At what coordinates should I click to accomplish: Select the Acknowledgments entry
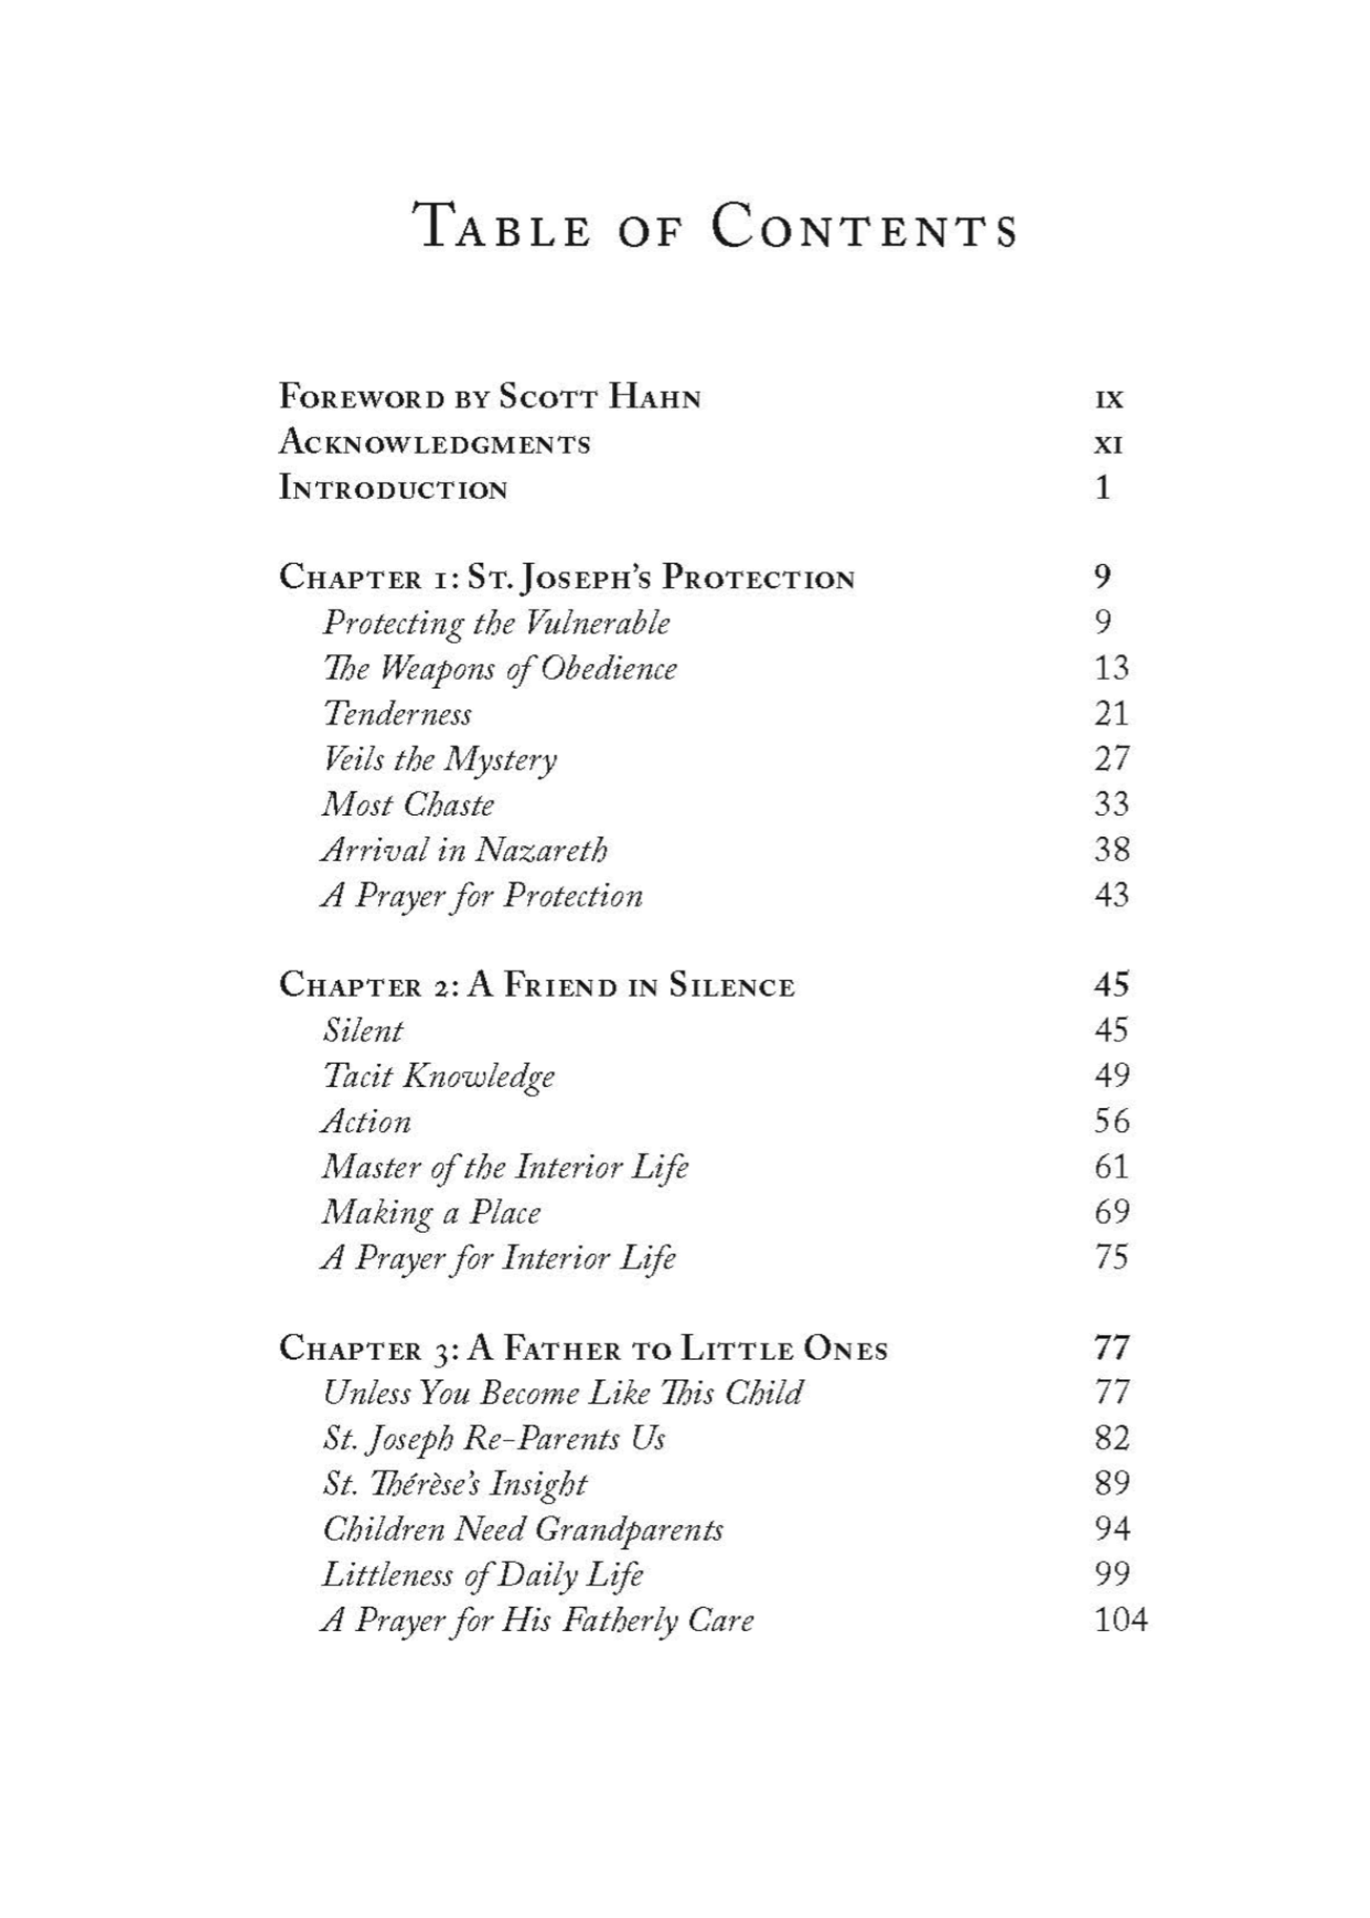435,443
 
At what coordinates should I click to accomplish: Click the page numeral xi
1109,444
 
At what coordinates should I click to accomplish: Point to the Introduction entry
393,488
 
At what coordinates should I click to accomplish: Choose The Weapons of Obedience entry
499,669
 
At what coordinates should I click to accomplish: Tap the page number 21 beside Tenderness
1110,714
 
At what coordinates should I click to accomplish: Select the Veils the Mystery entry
440,760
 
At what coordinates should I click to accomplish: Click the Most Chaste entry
407,804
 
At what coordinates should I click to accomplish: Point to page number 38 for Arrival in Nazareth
1110,849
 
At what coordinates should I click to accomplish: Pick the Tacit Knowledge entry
439,1076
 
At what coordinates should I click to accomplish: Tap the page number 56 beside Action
1110,1121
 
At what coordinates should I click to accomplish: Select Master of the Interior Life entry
504,1168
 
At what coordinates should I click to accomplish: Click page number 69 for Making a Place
1110,1212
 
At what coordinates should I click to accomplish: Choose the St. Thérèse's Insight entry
454,1484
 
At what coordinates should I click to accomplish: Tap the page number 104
1120,1620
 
